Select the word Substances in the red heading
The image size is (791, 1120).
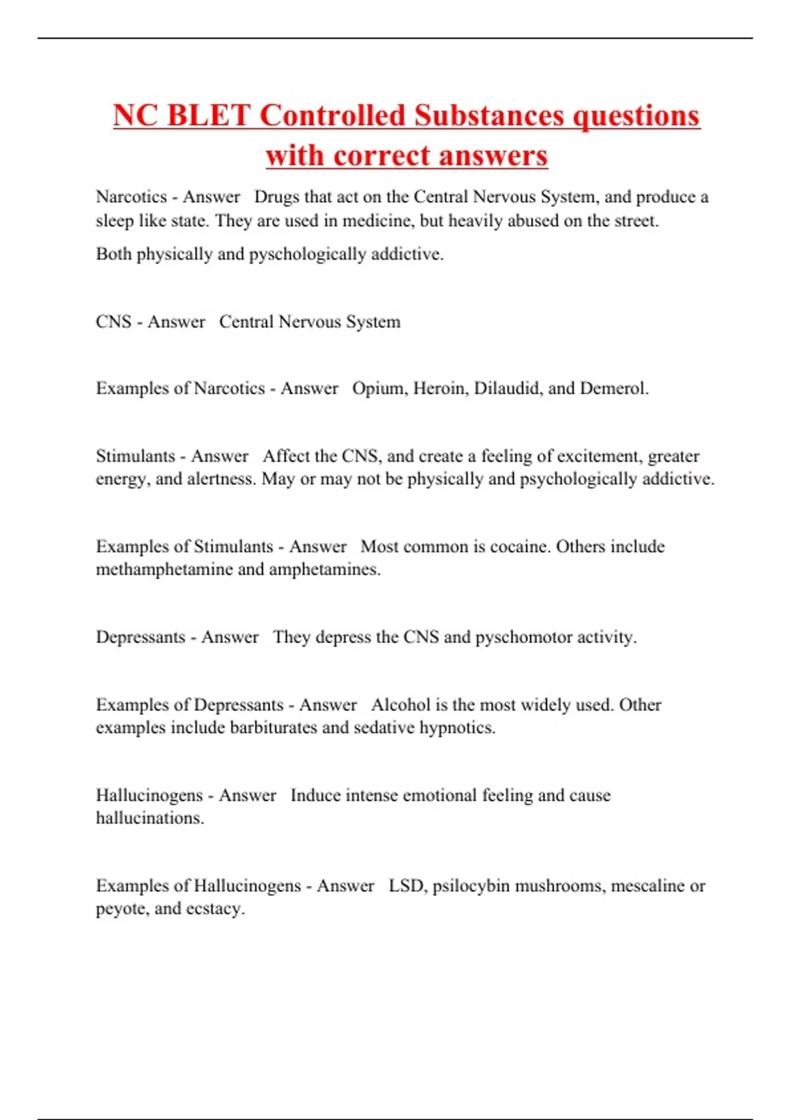click(x=489, y=115)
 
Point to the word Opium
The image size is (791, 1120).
click(x=379, y=388)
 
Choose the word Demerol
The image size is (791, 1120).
click(x=614, y=388)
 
